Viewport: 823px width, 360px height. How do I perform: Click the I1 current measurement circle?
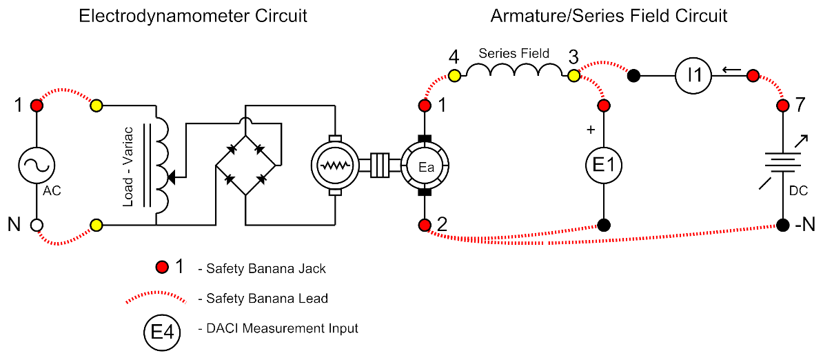(697, 74)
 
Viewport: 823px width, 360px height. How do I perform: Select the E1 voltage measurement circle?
(604, 166)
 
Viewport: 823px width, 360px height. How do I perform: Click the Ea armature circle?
(425, 166)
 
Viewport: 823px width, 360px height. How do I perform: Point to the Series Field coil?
(514, 72)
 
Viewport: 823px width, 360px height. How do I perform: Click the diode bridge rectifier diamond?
(246, 166)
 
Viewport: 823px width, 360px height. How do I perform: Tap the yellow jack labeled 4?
(454, 75)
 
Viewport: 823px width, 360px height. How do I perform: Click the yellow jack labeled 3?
(573, 75)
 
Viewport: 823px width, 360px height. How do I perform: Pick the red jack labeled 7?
(783, 106)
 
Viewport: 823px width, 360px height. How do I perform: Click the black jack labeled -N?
(783, 225)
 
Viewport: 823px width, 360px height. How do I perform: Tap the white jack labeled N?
(37, 225)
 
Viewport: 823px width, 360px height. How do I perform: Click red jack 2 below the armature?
(425, 225)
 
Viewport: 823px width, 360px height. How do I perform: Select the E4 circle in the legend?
(162, 334)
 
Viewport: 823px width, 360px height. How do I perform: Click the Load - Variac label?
(129, 166)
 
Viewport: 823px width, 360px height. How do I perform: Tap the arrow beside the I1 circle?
(731, 70)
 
